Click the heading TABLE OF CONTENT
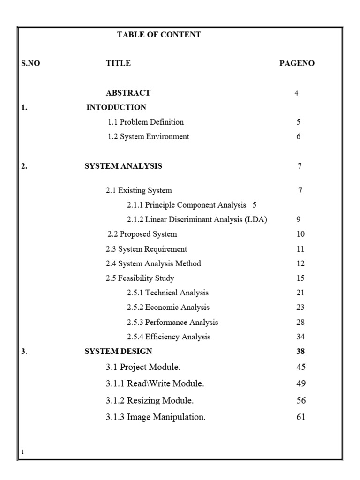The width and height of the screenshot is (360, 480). coord(159,35)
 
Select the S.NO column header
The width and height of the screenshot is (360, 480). coord(31,63)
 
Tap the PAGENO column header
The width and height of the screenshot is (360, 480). coord(297,63)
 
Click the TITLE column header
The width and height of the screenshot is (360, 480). coord(118,63)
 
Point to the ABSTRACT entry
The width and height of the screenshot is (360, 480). coord(128,93)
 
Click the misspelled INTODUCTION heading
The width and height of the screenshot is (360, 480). coord(116,107)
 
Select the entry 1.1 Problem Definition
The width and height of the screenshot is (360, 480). coord(146,122)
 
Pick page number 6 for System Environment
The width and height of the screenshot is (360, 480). coord(299,137)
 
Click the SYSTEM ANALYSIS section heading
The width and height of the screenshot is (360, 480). coord(123,166)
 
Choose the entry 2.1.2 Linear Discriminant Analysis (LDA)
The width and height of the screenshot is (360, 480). coord(197,219)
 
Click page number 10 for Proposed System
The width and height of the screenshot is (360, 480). coord(300,234)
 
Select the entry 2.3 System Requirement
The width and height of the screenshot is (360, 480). coord(146,249)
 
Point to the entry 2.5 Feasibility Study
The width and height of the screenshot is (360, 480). coord(140,278)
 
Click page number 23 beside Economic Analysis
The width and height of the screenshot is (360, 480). coord(300,307)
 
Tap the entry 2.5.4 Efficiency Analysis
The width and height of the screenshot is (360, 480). coord(168,337)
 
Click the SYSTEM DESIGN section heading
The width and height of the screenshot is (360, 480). coord(118,351)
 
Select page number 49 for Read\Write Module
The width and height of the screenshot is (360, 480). coord(301,383)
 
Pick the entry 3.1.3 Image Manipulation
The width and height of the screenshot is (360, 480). coord(156,417)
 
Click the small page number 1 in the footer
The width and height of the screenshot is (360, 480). coord(23,452)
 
